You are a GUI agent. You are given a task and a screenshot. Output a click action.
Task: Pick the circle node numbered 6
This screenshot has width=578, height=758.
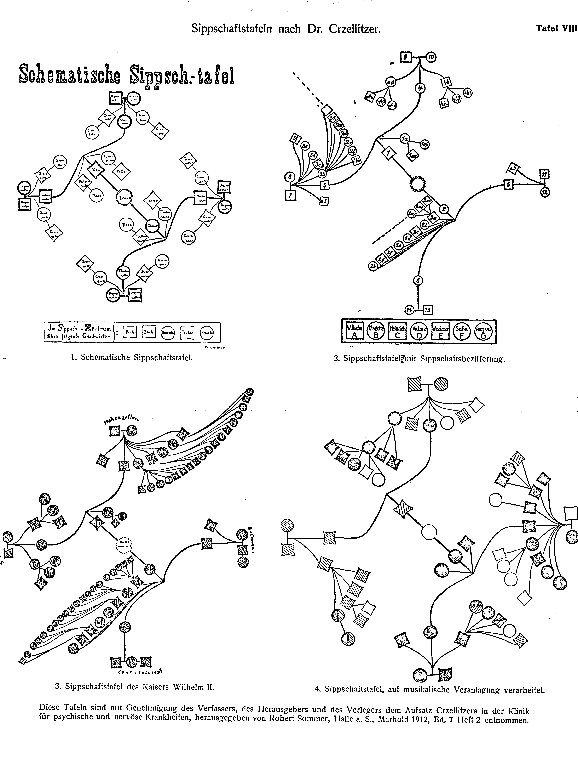point(418,281)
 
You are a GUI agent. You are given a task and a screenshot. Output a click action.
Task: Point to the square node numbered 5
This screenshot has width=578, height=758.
point(509,185)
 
